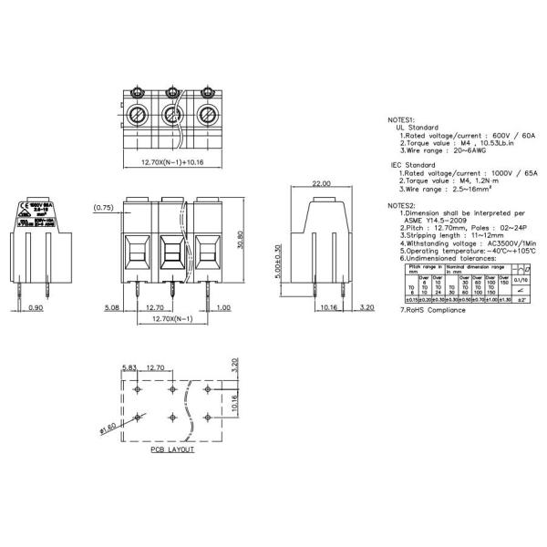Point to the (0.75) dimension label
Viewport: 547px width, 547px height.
click(102, 209)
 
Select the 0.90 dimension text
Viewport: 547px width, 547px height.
click(34, 308)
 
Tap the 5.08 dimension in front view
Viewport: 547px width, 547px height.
click(112, 308)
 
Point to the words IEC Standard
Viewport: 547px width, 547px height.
click(415, 165)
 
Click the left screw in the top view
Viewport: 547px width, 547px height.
click(137, 116)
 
